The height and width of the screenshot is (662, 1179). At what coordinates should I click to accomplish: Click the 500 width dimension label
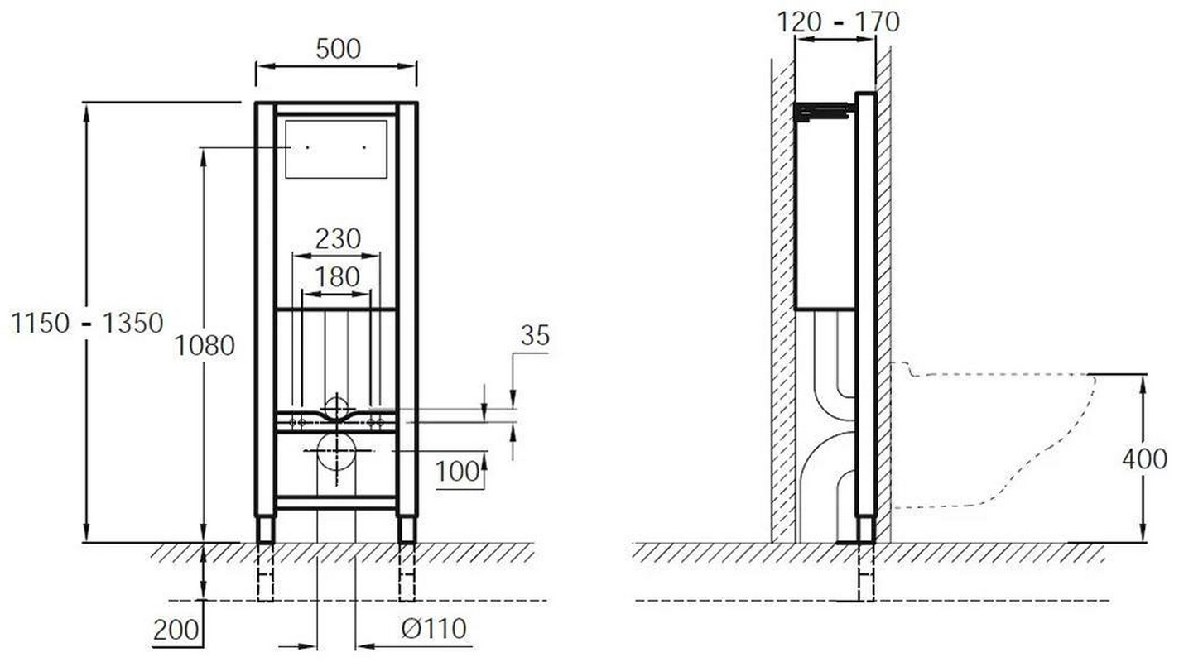click(338, 49)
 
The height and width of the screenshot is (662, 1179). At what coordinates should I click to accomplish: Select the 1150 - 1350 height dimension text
click(88, 323)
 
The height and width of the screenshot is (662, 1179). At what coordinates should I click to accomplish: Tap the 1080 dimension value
click(205, 346)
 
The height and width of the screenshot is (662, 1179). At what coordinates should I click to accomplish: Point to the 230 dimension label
click(338, 239)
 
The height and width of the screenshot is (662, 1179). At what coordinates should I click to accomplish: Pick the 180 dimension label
click(337, 276)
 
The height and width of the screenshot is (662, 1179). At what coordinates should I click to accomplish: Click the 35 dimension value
click(535, 336)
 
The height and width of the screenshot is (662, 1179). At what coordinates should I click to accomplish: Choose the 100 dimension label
click(457, 472)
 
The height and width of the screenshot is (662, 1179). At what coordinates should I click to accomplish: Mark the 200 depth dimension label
click(176, 630)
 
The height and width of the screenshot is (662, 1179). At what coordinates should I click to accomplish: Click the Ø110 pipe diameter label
click(434, 628)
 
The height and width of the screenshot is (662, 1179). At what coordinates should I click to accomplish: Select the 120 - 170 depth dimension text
click(838, 22)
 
